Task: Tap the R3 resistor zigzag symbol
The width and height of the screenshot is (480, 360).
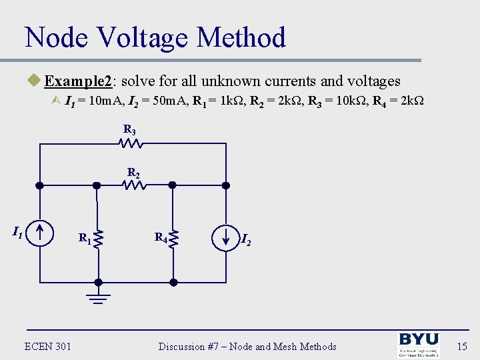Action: (129, 143)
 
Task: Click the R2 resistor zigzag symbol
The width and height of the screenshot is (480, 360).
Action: (134, 185)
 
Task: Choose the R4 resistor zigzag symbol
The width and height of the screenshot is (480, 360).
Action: (173, 238)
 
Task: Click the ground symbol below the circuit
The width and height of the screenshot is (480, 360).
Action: (98, 297)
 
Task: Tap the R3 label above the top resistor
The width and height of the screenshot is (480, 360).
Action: (129, 129)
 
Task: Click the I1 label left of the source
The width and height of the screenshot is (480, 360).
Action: (18, 232)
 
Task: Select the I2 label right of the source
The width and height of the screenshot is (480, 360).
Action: (246, 239)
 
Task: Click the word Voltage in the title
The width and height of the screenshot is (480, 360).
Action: (139, 37)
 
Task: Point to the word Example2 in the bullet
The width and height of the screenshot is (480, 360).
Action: (79, 81)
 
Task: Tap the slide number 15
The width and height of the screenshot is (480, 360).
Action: (462, 346)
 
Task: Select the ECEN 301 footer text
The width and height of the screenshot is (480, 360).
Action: (48, 346)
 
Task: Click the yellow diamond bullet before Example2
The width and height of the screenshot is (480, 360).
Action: (35, 81)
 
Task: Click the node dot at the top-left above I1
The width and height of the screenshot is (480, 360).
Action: (40, 185)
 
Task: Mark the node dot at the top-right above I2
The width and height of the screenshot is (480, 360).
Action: (226, 185)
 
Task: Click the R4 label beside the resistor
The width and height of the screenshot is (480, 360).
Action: (161, 237)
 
